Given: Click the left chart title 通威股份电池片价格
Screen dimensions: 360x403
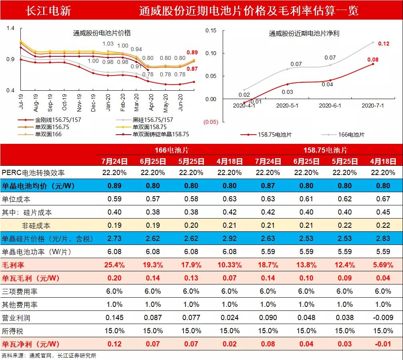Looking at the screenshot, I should (x=102, y=33).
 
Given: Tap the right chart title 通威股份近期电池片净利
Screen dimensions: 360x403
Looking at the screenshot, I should (x=304, y=34).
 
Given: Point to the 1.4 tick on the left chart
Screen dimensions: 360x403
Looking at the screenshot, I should (x=10, y=28).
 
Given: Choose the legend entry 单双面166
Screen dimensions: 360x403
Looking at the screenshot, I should (x=48, y=134).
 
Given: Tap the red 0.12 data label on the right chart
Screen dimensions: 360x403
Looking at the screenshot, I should (x=383, y=44).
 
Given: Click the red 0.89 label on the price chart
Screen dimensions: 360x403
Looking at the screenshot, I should (x=192, y=53).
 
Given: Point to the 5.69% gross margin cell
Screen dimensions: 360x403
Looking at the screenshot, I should (x=382, y=265).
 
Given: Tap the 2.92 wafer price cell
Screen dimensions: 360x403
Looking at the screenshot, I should (x=229, y=239).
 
